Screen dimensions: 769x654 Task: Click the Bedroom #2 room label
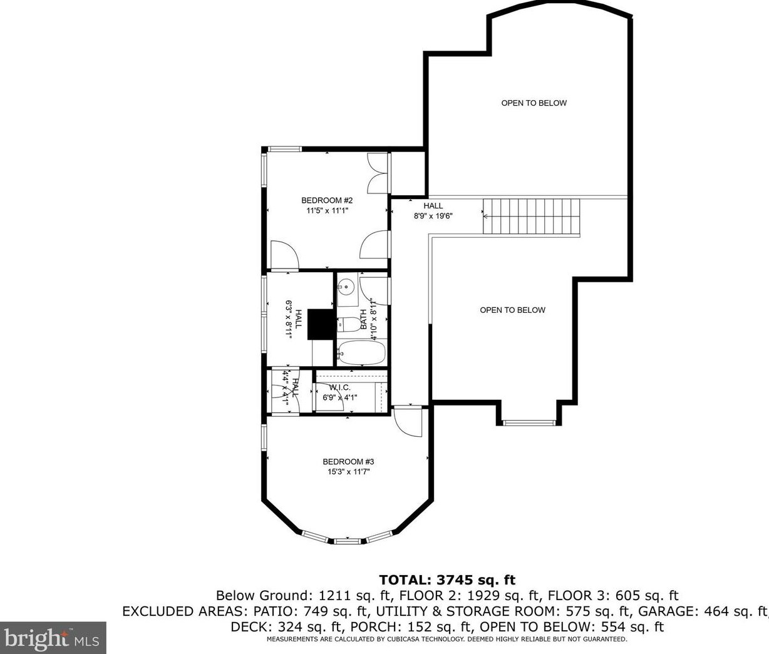click(327, 200)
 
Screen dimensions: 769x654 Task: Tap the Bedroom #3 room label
click(348, 462)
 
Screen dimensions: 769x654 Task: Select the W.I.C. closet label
click(339, 387)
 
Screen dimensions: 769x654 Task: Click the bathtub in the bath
click(361, 352)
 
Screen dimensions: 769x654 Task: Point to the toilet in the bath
click(349, 324)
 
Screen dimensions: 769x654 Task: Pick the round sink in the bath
click(346, 287)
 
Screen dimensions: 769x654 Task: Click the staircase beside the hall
click(532, 217)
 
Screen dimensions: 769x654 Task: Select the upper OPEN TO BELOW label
click(534, 103)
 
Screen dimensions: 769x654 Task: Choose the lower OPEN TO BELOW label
click(512, 310)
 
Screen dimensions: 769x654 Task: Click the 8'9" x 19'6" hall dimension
click(433, 216)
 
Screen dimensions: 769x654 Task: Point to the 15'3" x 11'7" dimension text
click(348, 472)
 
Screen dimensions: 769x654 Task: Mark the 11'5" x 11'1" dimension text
click(327, 210)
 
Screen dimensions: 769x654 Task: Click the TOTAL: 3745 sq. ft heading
click(447, 580)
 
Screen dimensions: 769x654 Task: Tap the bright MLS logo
click(53, 637)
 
